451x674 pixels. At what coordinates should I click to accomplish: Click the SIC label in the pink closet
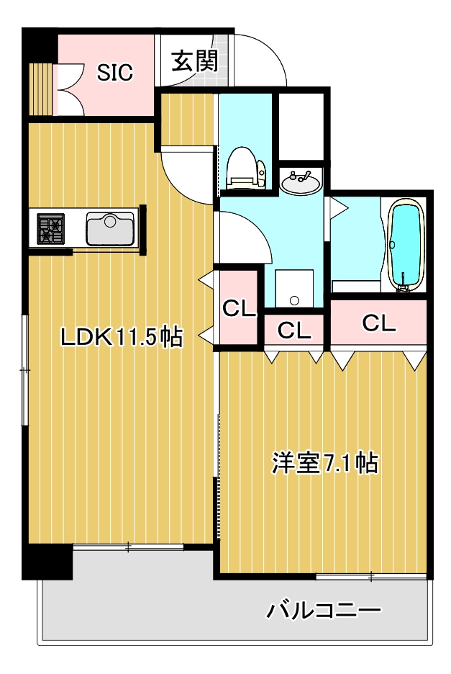[115, 72]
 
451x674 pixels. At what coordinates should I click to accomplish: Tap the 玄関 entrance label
[194, 61]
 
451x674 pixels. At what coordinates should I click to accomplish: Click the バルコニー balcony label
[324, 611]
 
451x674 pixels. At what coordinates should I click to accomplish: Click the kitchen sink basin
[109, 228]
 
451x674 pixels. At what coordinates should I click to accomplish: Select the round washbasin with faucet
[301, 184]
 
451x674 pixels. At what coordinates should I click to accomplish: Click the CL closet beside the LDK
[239, 308]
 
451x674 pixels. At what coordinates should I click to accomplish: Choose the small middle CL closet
[294, 331]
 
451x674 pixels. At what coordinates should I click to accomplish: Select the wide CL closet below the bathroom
[378, 323]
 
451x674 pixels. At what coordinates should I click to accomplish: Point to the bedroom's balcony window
[370, 575]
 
